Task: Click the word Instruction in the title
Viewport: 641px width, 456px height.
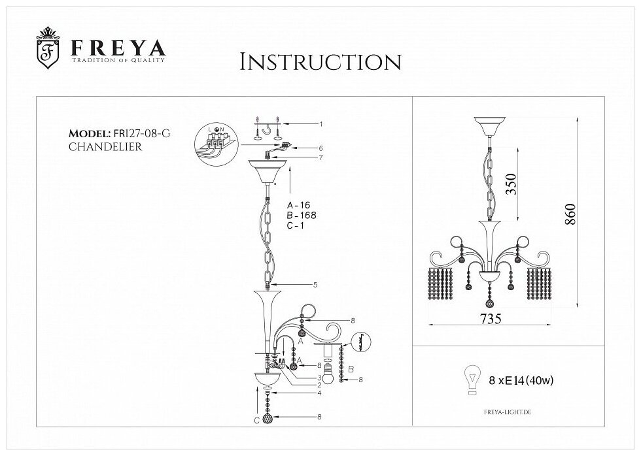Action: pyautogui.click(x=320, y=62)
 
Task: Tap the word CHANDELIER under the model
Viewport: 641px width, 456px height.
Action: pyautogui.click(x=105, y=146)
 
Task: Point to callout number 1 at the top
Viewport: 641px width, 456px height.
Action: pyautogui.click(x=321, y=123)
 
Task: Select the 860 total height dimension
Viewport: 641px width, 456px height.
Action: pyautogui.click(x=569, y=216)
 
